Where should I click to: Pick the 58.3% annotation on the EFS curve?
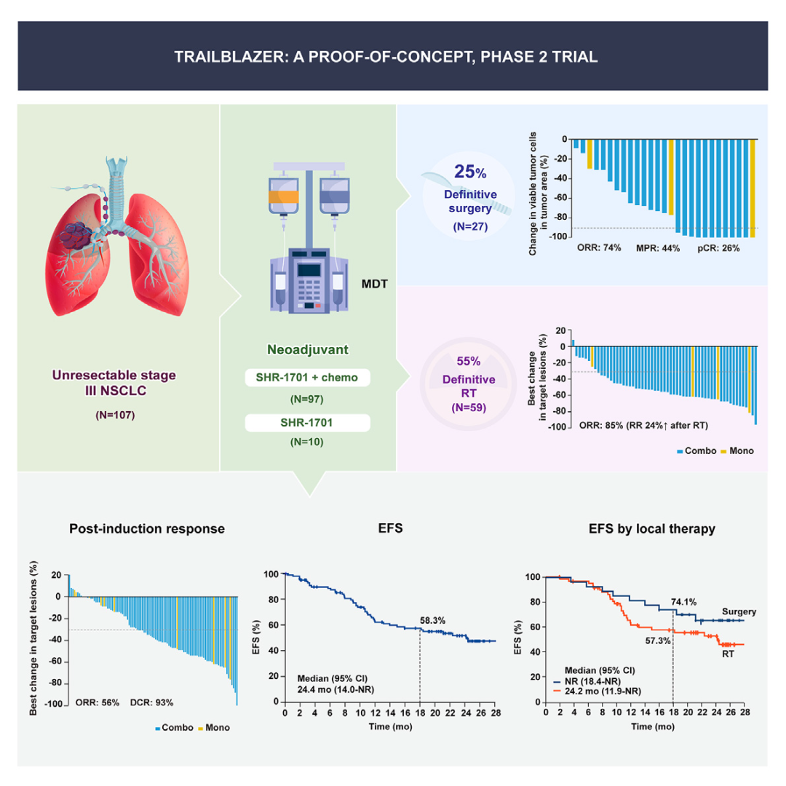[x=434, y=620]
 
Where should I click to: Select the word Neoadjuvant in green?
[x=307, y=349]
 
